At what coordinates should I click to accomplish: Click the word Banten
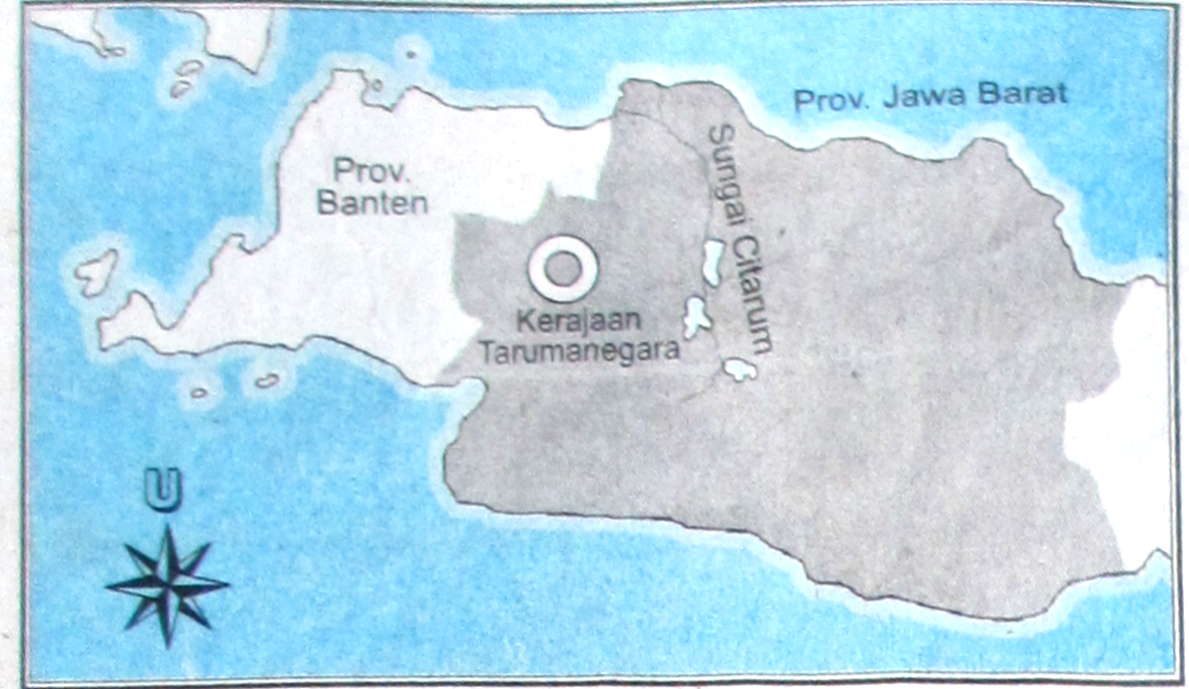372,204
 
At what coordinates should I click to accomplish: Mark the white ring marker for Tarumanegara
563,268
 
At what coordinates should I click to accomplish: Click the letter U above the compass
163,489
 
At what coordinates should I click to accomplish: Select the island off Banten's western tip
96,272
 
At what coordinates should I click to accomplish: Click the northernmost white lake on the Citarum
713,261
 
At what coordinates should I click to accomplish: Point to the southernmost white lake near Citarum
740,369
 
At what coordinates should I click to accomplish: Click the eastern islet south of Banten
267,380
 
